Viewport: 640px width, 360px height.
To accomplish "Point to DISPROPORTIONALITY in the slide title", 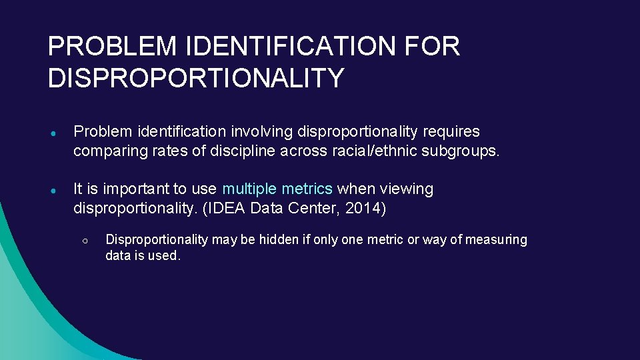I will pyautogui.click(x=196, y=78).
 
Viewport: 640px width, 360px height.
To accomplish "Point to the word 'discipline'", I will pyautogui.click(x=238, y=151).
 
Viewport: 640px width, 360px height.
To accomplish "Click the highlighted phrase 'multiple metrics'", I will pyautogui.click(x=277, y=189).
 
